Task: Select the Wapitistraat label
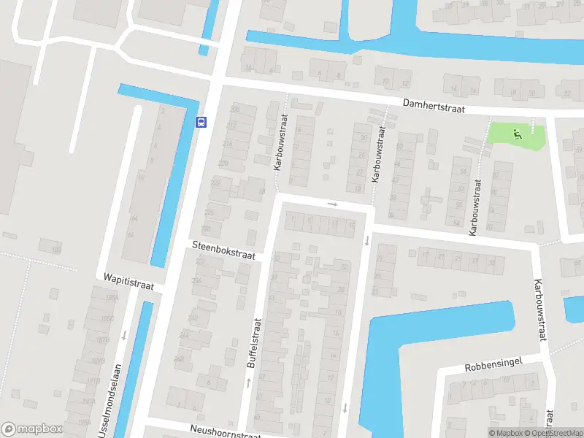pos(128,283)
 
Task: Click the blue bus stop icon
pos(201,123)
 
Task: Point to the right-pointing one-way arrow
pos(333,204)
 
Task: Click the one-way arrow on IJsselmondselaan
pos(124,335)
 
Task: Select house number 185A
pos(112,299)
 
